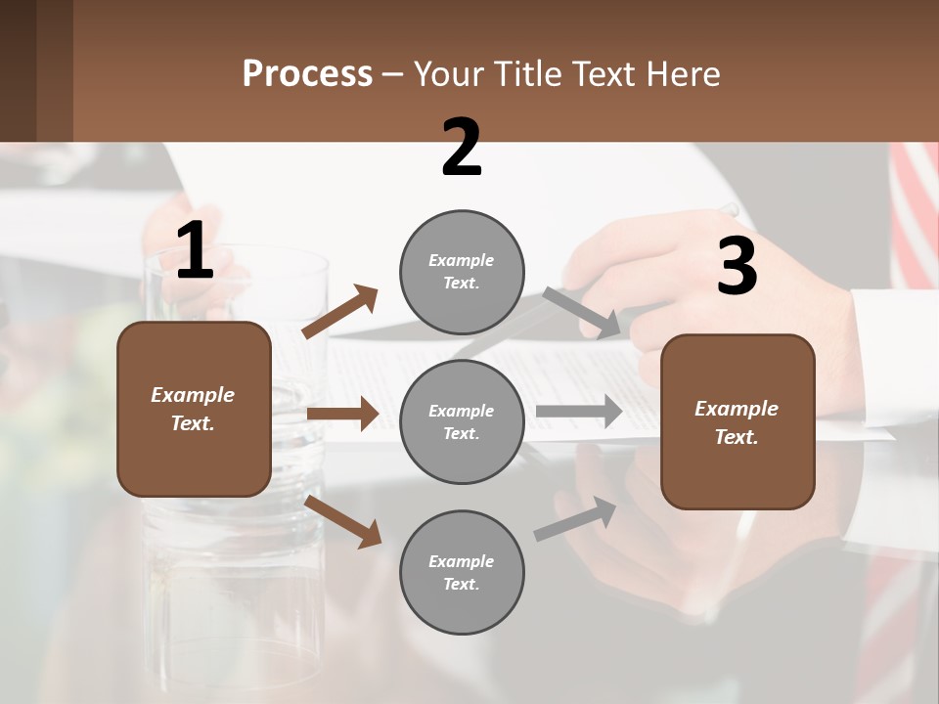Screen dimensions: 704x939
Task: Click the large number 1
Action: (x=195, y=252)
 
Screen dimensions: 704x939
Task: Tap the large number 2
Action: (x=462, y=149)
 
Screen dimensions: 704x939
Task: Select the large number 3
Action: (x=737, y=267)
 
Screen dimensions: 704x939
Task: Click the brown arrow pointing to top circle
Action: (x=340, y=312)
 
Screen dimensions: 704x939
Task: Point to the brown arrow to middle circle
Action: (x=343, y=414)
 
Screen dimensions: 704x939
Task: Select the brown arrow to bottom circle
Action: (x=343, y=520)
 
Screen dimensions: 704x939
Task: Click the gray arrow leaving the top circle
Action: (x=582, y=313)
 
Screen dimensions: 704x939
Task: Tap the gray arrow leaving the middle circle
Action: (x=579, y=411)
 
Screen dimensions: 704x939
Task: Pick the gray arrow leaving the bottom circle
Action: (x=576, y=519)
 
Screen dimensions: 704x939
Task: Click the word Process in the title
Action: (x=307, y=73)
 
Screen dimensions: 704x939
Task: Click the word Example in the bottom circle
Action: (x=462, y=561)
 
